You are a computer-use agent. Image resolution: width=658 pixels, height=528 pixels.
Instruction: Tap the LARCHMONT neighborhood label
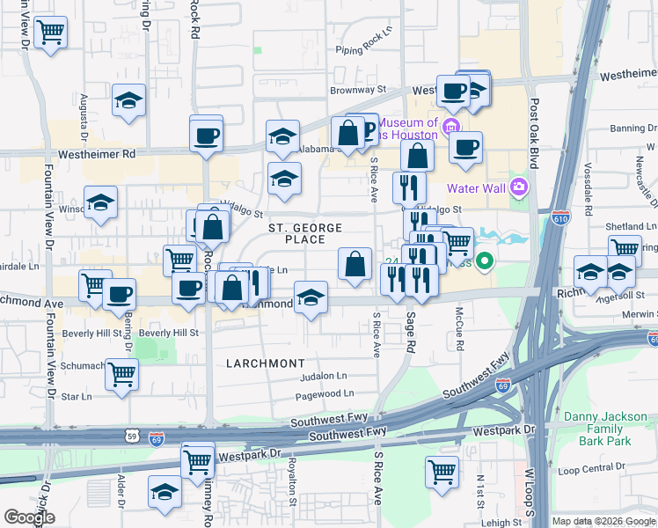pos(265,363)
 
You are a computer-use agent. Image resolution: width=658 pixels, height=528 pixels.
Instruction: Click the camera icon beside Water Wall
pos(518,187)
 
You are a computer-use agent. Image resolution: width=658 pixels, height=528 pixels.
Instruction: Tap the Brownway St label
pos(358,90)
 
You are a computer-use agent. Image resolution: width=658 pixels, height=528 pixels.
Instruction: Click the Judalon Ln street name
pos(324,375)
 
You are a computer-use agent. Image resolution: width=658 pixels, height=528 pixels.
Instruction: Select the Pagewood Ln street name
pos(325,393)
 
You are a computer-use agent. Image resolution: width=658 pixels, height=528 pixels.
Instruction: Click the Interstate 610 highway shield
pos(562,214)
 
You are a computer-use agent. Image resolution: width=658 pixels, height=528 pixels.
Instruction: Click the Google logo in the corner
pos(29,517)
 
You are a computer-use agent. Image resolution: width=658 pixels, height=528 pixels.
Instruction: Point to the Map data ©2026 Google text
pos(603,521)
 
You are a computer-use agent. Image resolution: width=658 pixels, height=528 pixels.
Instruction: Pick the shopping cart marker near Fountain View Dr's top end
pos(50,33)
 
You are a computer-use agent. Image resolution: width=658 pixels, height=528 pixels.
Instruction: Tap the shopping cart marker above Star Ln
pos(121,374)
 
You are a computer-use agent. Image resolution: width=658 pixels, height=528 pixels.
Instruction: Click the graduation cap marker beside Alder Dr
pos(164,493)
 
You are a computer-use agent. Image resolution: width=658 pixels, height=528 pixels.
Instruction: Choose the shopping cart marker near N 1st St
pos(441,471)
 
